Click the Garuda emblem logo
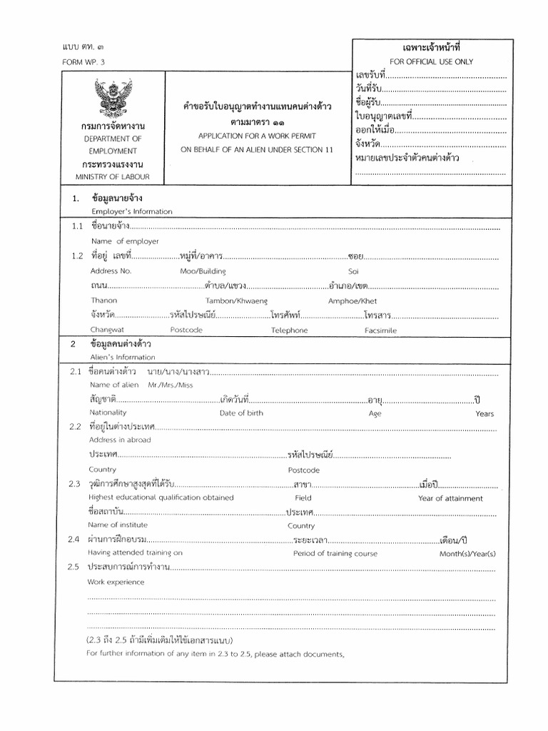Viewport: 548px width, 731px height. point(112,98)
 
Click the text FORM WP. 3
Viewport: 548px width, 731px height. point(82,62)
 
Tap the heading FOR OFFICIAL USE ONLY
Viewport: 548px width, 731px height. point(432,61)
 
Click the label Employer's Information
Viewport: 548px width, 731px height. point(132,211)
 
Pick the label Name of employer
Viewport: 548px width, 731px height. point(125,241)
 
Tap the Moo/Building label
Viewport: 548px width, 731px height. point(203,271)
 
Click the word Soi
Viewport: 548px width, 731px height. point(353,271)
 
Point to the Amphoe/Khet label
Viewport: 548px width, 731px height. point(352,301)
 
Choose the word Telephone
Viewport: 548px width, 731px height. point(289,331)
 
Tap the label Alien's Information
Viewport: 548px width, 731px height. point(123,357)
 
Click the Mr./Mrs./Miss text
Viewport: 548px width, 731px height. point(171,385)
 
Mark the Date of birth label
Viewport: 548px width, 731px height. point(241,413)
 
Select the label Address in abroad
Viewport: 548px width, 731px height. point(120,440)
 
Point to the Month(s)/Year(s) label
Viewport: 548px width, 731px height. point(467,553)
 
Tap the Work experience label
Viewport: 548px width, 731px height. point(116,582)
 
